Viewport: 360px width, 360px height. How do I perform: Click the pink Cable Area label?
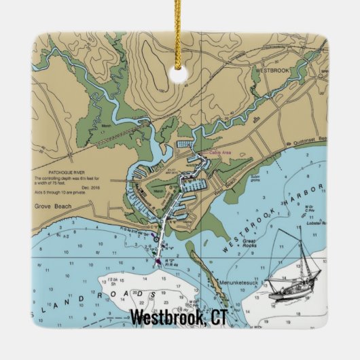click(x=221, y=154)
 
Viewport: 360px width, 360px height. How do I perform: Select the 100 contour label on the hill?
click(x=161, y=89)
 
